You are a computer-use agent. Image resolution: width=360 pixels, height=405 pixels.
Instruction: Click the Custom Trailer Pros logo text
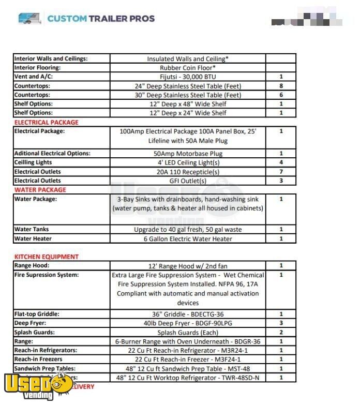point(100,19)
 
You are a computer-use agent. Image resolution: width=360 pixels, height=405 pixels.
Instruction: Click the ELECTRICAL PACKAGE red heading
point(47,123)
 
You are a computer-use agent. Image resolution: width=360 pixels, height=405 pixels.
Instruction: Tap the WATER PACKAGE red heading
point(40,190)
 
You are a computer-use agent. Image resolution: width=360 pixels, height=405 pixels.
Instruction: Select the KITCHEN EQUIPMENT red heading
point(47,257)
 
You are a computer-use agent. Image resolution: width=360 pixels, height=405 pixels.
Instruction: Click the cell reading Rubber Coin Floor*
point(187,68)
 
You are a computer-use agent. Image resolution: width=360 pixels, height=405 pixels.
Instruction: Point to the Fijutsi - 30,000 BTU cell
point(187,77)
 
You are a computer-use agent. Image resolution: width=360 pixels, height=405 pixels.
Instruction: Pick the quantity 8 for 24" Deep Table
point(281,86)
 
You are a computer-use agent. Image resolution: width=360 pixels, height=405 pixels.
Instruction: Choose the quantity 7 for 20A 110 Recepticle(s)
point(281,172)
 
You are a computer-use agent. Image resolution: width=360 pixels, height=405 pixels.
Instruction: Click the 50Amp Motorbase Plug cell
point(187,154)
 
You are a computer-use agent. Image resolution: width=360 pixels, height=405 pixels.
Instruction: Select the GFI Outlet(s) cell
point(187,181)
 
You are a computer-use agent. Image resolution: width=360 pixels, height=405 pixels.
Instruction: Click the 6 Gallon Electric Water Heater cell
point(187,239)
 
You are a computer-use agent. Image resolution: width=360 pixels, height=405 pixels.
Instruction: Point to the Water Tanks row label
point(32,230)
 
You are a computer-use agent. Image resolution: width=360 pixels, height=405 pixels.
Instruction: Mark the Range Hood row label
point(32,265)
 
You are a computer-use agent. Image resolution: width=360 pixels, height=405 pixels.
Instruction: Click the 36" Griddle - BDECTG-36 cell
point(187,314)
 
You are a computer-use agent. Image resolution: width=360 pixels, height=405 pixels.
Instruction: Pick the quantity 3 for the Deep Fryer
point(281,323)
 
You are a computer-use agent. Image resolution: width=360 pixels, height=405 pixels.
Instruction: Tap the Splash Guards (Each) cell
point(187,333)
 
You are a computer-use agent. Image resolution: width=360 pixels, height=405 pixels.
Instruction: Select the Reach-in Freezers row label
point(38,359)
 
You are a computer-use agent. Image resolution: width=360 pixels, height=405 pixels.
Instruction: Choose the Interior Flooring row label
point(37,68)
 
